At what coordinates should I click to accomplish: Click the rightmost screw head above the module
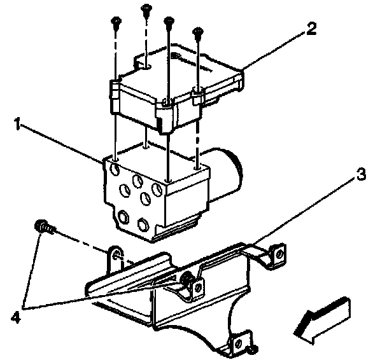click(198, 31)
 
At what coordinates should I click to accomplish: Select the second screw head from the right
click(169, 21)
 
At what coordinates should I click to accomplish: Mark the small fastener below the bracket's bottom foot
click(255, 349)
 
